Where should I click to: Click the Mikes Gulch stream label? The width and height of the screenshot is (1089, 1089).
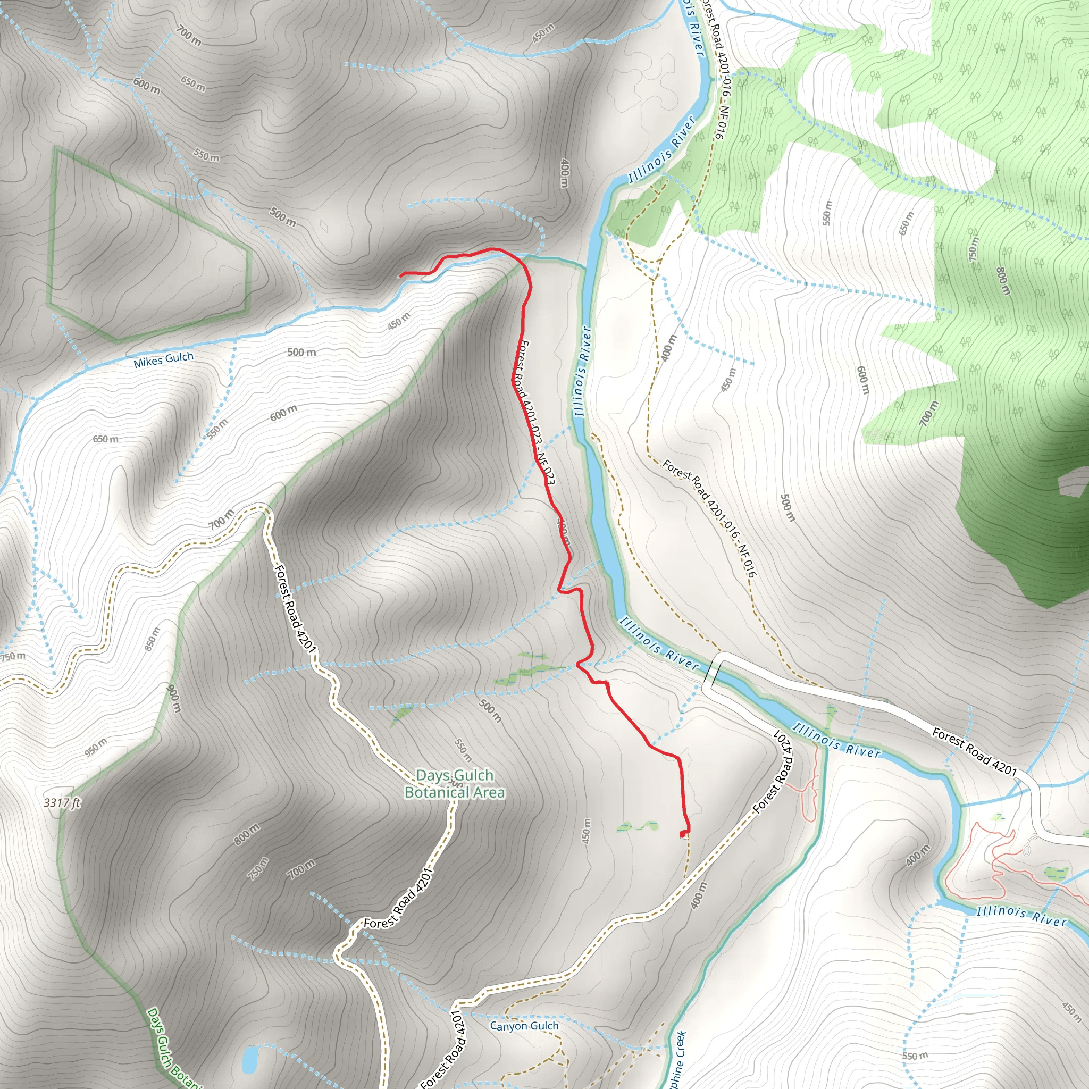[163, 359]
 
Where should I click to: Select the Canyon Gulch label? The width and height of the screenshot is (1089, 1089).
[524, 1026]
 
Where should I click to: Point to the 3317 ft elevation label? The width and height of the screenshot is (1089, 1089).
[62, 802]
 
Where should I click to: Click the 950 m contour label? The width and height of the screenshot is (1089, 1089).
[95, 748]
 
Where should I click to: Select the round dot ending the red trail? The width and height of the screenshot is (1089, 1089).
[684, 834]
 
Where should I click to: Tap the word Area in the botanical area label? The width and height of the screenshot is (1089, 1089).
[489, 792]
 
